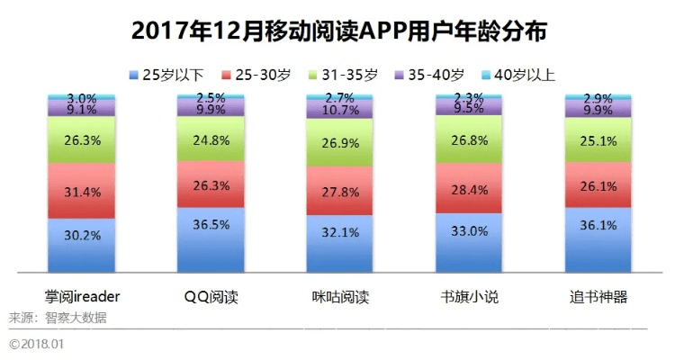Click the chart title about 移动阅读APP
338,31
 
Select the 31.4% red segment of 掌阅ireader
82,191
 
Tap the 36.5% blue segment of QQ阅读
211,238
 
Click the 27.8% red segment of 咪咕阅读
339,191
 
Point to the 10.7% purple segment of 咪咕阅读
339,110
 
